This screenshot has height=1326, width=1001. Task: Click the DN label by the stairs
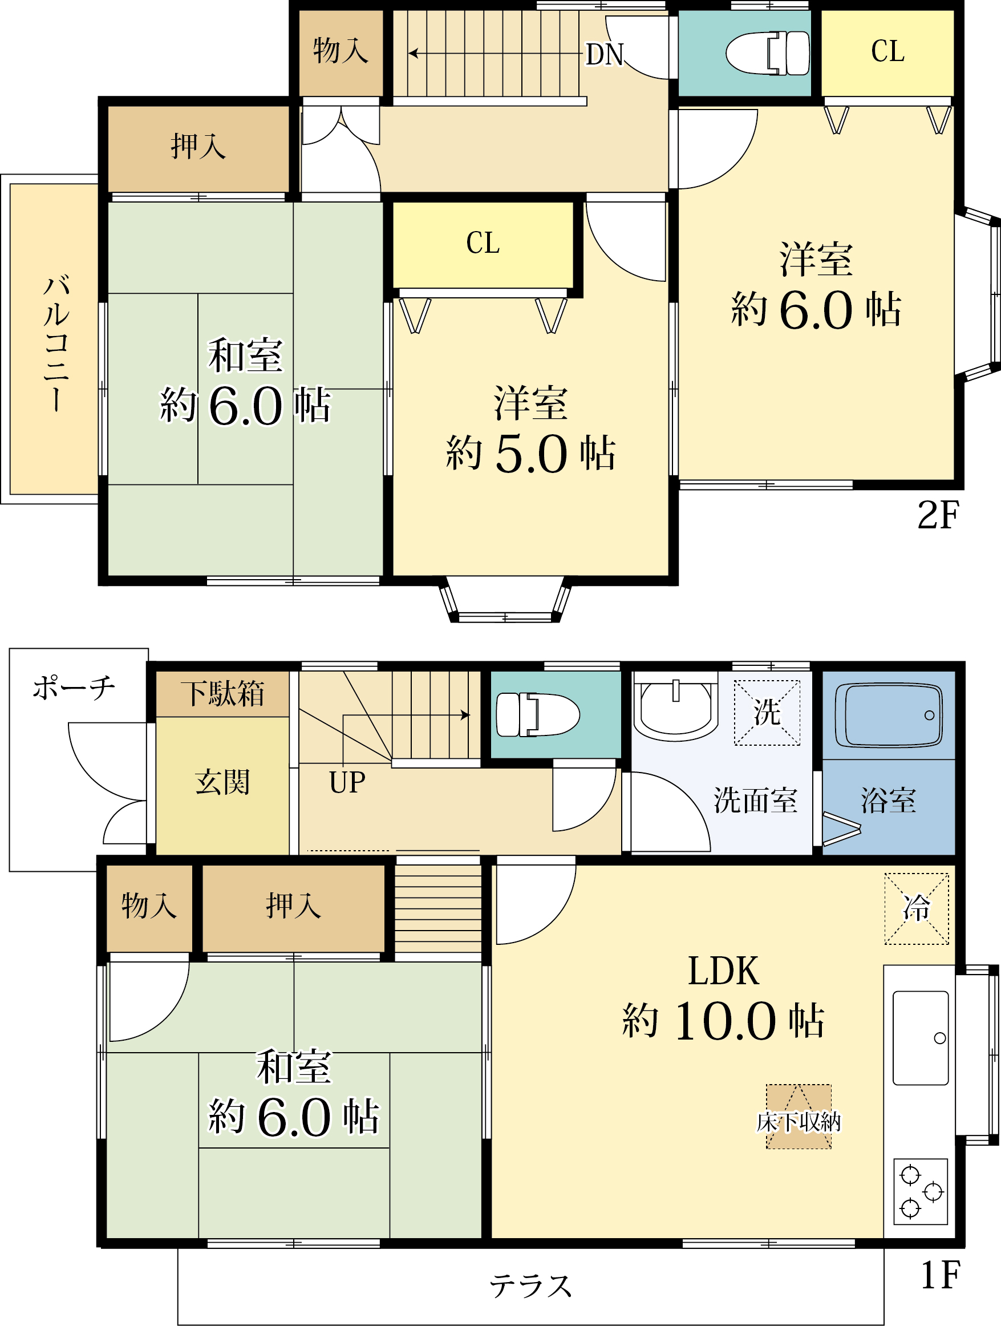click(604, 55)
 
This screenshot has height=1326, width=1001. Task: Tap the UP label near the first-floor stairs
click(347, 782)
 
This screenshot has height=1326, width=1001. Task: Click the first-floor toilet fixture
click(538, 714)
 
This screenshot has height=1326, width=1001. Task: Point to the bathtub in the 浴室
click(889, 715)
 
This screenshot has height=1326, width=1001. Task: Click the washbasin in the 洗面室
click(675, 708)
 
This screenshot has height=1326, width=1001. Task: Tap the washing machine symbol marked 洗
click(767, 712)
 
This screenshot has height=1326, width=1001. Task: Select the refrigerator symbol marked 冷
click(917, 908)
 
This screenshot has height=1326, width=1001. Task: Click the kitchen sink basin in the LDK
click(921, 1038)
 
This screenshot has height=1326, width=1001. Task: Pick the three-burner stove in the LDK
click(921, 1191)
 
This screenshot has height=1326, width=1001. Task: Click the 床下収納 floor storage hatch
click(799, 1116)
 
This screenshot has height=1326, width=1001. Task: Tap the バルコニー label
click(56, 343)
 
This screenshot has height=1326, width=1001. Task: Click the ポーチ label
click(74, 688)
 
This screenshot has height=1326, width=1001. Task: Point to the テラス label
click(530, 1286)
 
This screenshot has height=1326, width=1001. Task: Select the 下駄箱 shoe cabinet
click(222, 694)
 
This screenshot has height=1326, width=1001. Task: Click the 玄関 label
click(222, 782)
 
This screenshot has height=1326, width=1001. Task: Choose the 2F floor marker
click(938, 514)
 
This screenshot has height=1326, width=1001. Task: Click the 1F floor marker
click(940, 1275)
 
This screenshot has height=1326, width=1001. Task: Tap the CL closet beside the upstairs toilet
click(887, 52)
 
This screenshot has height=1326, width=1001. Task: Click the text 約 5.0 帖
click(530, 453)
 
